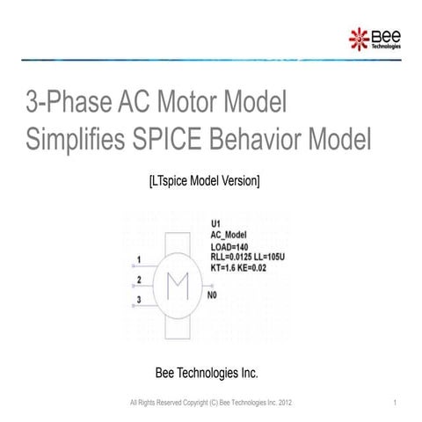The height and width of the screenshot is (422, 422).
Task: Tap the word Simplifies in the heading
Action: click(x=81, y=140)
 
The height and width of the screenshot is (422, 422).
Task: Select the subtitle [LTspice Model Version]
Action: click(x=204, y=181)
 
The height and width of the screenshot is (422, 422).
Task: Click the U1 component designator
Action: click(x=216, y=223)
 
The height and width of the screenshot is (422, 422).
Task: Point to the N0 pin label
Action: click(x=212, y=296)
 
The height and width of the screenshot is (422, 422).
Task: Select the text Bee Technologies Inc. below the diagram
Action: click(x=207, y=373)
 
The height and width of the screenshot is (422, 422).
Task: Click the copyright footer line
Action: click(x=210, y=402)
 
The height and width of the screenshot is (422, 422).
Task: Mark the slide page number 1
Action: click(x=397, y=402)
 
